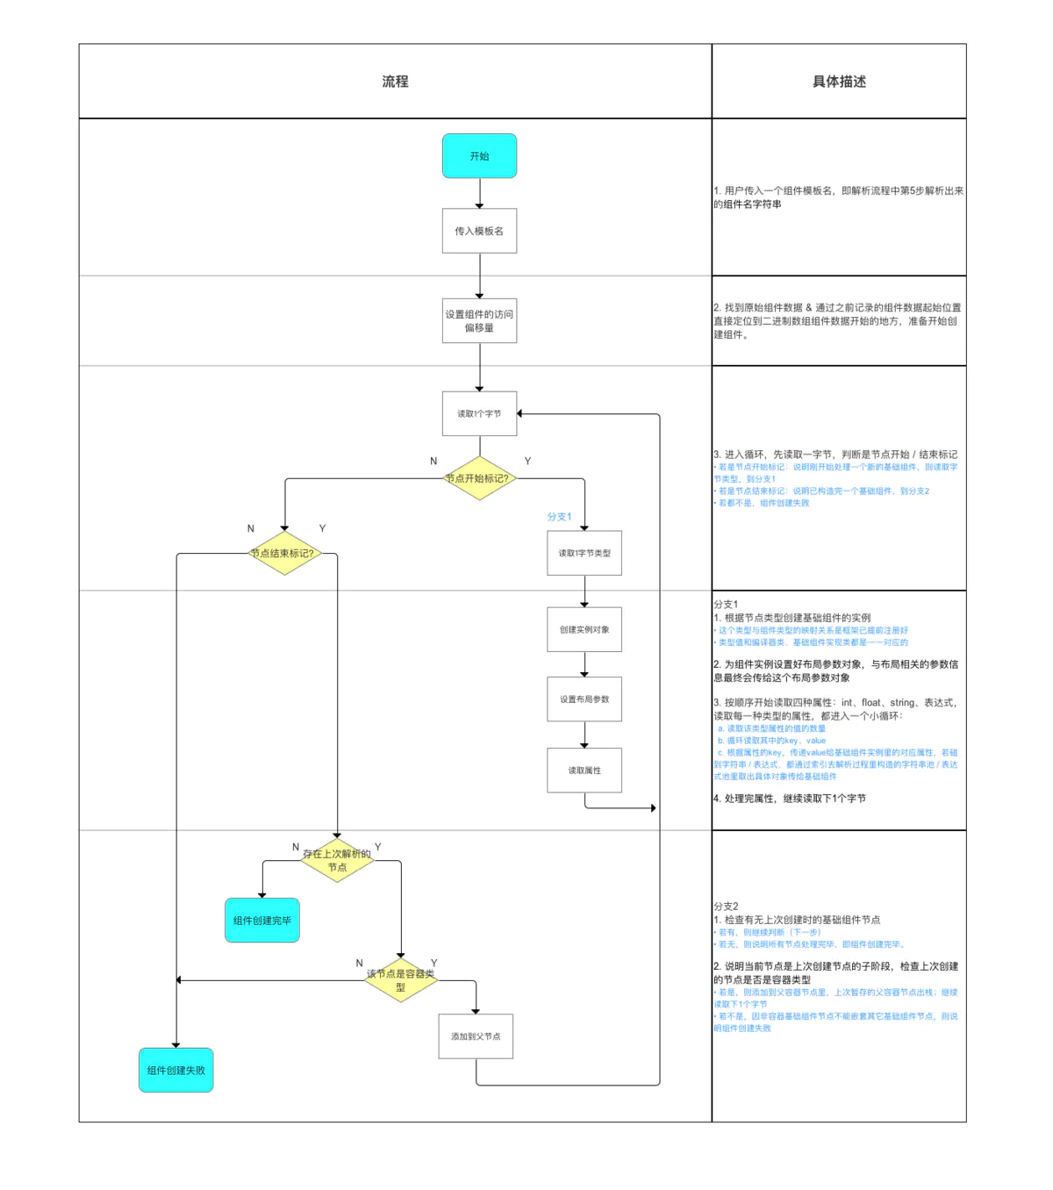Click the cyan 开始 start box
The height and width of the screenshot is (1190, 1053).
tap(479, 156)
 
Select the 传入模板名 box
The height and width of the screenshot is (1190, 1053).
tap(479, 231)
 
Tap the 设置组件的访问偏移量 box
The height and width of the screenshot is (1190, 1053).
tap(479, 320)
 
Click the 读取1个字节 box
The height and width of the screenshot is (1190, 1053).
tap(479, 413)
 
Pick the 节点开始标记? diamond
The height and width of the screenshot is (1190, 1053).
tap(479, 478)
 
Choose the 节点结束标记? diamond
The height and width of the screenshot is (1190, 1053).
tap(283, 553)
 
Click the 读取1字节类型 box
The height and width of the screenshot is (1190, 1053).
tap(584, 553)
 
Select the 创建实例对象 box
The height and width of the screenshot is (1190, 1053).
tap(584, 629)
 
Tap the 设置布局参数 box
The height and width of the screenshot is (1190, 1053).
tap(584, 699)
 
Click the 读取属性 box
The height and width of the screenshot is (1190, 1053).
tap(584, 770)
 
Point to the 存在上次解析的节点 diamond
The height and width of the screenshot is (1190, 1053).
tap(337, 860)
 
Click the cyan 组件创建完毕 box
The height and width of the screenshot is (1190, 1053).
tap(262, 920)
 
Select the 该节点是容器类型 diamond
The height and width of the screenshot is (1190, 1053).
tap(400, 980)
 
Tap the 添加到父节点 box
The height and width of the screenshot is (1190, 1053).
tap(476, 1036)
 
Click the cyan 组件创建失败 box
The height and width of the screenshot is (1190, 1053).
tap(176, 1070)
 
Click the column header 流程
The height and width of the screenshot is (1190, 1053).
tap(395, 82)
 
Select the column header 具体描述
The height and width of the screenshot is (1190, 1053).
tap(839, 82)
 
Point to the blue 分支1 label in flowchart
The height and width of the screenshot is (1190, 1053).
tap(559, 517)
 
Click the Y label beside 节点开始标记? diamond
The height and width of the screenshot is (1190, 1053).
tap(527, 461)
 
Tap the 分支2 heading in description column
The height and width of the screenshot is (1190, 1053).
tap(726, 906)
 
